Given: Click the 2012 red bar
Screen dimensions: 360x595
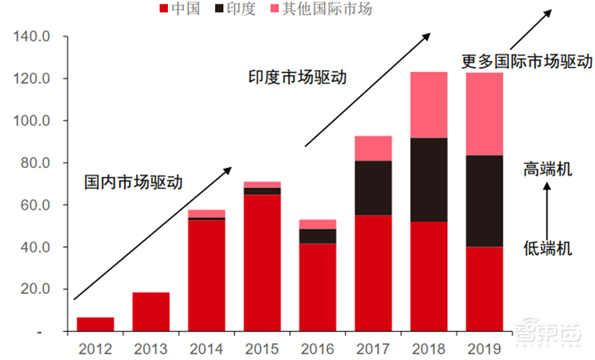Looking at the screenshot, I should click(x=95, y=324).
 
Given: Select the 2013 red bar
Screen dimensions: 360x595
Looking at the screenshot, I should click(x=151, y=312).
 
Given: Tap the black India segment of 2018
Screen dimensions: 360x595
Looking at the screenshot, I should click(x=429, y=180).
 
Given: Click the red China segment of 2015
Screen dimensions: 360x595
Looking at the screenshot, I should click(x=263, y=263).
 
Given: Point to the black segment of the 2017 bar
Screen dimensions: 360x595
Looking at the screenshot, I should click(x=373, y=188).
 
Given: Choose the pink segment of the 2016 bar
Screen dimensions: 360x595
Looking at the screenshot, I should click(x=318, y=224).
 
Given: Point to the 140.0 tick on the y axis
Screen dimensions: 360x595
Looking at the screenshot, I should click(x=32, y=37).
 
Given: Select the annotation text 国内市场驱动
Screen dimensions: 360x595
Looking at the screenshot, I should click(x=133, y=181).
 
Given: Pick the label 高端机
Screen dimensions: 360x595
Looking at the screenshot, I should click(x=547, y=170).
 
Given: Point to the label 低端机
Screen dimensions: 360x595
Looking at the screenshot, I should click(x=547, y=248).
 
